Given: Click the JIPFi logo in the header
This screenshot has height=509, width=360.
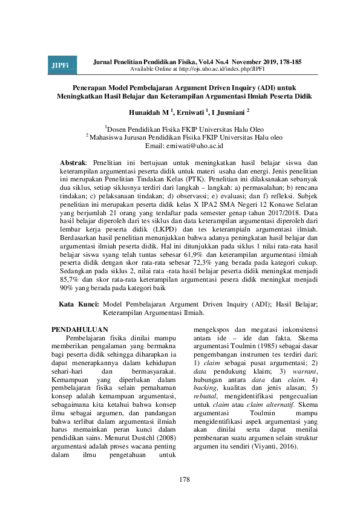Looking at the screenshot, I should click(x=59, y=65).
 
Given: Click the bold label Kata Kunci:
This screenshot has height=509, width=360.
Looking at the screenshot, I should click(x=79, y=321).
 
